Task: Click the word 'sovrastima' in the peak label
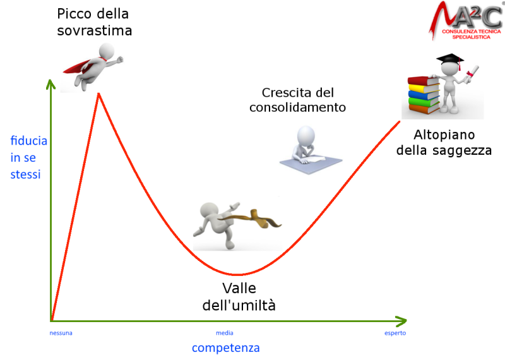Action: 94,30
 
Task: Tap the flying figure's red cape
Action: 79,66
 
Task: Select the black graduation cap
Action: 450,60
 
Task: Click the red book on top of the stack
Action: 423,81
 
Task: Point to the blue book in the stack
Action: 424,94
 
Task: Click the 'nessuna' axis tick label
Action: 61,333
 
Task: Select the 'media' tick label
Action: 225,333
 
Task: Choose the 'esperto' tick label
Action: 395,333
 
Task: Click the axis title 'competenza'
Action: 226,348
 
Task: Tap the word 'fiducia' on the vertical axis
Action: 28,141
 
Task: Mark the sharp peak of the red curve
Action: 99,93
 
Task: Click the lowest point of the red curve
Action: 237,275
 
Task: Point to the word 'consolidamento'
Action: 297,107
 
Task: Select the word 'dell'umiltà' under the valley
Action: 239,305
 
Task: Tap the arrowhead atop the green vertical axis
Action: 50,84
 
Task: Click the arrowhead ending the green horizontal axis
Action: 401,321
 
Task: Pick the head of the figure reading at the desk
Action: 306,135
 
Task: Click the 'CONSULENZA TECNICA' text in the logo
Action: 471,32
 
